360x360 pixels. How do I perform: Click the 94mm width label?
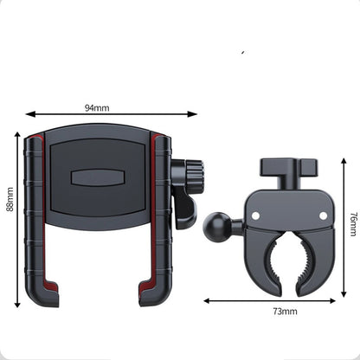97,108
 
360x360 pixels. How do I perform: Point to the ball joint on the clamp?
214,226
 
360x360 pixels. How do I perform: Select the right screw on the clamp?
324,215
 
